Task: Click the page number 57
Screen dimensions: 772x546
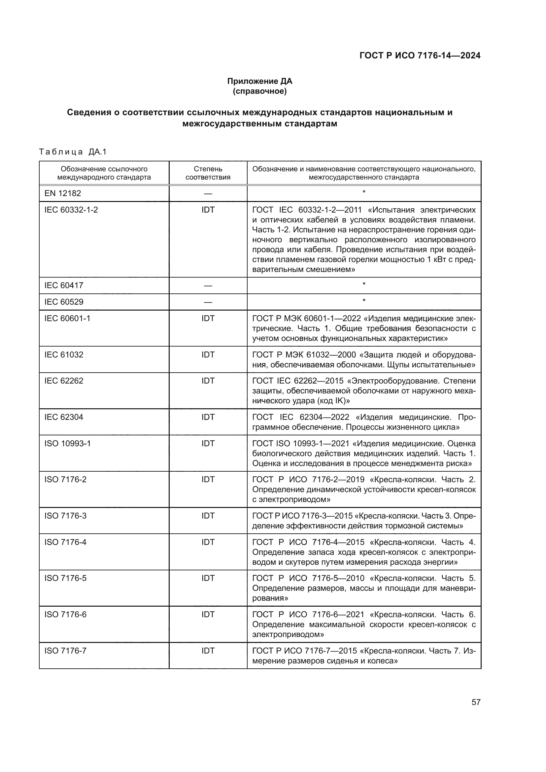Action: pos(476,702)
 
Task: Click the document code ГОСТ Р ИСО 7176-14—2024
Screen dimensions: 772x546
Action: pos(420,55)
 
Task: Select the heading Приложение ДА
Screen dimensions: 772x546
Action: pos(259,81)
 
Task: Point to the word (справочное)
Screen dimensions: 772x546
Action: pos(259,91)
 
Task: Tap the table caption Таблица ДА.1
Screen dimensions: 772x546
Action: pos(73,152)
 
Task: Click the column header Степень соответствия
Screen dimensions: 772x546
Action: pos(208,173)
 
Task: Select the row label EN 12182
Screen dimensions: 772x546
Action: pos(62,193)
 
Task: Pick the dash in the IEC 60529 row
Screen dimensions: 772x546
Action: pos(208,302)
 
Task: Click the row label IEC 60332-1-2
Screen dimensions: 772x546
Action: pos(71,210)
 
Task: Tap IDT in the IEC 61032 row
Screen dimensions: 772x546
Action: pos(208,355)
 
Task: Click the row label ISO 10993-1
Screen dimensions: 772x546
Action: pos(67,444)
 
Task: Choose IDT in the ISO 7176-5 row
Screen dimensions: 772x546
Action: pos(208,578)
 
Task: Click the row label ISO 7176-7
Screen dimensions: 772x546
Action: pos(65,651)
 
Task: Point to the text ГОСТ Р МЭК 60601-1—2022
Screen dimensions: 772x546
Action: pos(306,319)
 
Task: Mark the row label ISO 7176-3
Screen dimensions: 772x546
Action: pos(65,516)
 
